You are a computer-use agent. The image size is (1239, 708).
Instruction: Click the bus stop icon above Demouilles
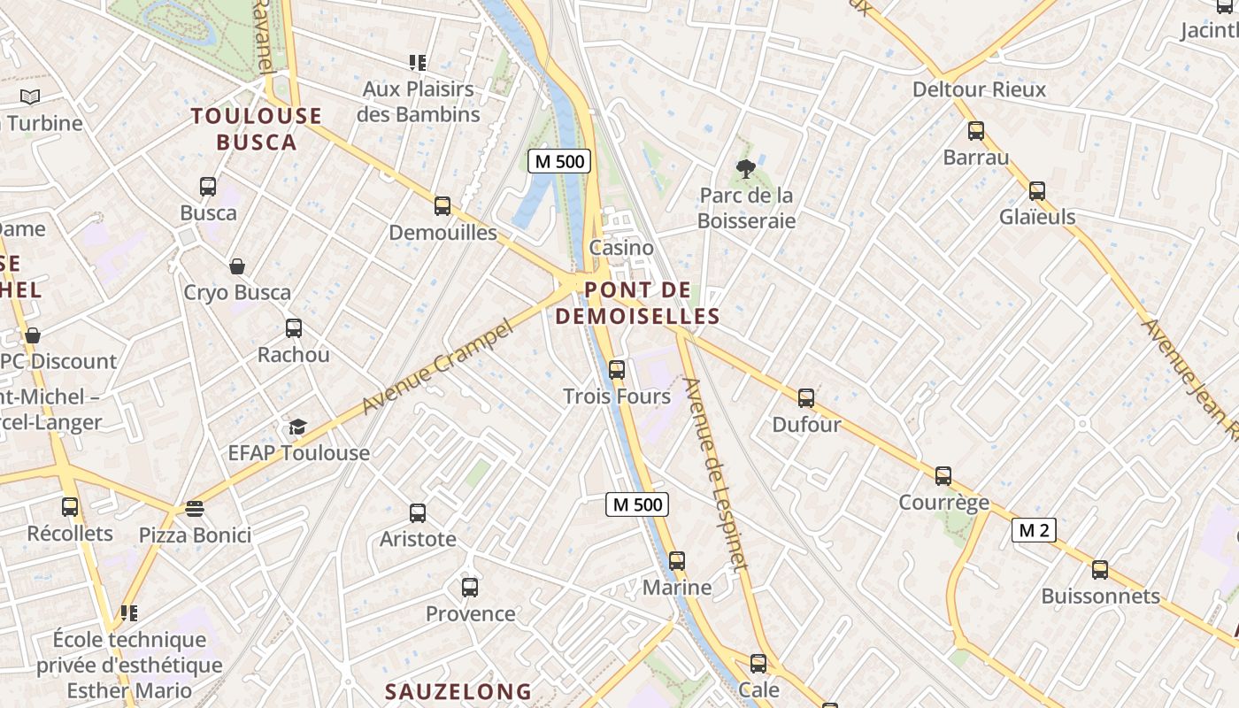click(x=442, y=206)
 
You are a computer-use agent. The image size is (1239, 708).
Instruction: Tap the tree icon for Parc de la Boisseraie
click(x=745, y=169)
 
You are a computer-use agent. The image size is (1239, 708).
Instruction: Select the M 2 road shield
click(x=1033, y=530)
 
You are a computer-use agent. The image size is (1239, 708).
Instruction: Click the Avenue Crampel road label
click(x=438, y=368)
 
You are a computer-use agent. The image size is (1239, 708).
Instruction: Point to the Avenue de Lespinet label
click(x=716, y=473)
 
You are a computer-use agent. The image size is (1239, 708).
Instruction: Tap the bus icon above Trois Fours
click(x=617, y=370)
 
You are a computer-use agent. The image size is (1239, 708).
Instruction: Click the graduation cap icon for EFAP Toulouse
click(x=297, y=427)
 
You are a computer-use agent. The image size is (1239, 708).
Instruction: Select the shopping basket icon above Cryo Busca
click(x=237, y=266)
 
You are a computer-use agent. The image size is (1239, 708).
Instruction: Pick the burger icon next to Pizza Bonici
click(x=195, y=509)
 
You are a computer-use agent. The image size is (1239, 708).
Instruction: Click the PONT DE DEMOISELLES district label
click(x=637, y=303)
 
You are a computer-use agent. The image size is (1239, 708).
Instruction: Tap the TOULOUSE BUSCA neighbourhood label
click(x=257, y=128)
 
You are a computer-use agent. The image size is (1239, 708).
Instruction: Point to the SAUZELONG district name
click(x=458, y=691)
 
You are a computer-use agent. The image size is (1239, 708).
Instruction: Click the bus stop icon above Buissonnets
click(x=1100, y=570)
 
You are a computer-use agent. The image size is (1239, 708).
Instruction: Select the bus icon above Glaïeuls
click(x=1036, y=191)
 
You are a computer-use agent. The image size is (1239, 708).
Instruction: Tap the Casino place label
click(x=621, y=248)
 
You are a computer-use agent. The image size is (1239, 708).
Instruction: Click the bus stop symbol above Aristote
click(x=418, y=513)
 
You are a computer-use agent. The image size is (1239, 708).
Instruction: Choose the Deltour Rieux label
click(x=979, y=89)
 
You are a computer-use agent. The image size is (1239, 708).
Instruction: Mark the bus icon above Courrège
click(x=943, y=476)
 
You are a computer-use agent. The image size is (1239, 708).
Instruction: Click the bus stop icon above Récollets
click(x=70, y=507)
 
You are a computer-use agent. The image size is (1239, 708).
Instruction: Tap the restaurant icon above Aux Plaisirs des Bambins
click(x=418, y=63)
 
